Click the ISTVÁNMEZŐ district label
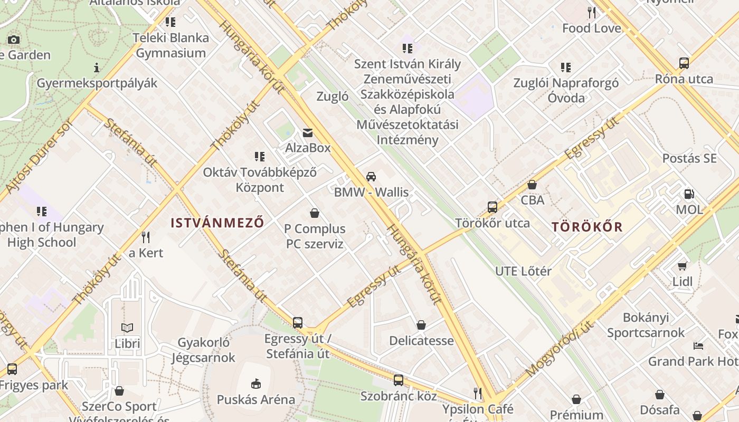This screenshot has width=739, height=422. pyautogui.click(x=217, y=223)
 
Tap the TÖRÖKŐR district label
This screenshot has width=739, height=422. pyautogui.click(x=587, y=227)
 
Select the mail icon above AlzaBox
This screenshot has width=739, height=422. pyautogui.click(x=308, y=133)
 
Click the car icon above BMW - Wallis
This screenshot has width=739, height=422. pyautogui.click(x=371, y=177)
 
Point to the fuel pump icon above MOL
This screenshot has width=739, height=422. pyautogui.click(x=689, y=195)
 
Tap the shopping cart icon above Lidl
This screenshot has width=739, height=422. pyautogui.click(x=682, y=266)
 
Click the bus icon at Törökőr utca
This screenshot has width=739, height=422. pyautogui.click(x=492, y=207)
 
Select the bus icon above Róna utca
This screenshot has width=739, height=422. pyautogui.click(x=684, y=63)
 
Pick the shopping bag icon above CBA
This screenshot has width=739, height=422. pyautogui.click(x=532, y=185)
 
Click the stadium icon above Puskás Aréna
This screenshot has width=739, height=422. pyautogui.click(x=256, y=383)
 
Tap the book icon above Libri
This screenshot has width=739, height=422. pyautogui.click(x=127, y=328)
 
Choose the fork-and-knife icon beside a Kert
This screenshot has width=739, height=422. pyautogui.click(x=146, y=237)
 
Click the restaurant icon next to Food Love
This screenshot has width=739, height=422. pyautogui.click(x=592, y=13)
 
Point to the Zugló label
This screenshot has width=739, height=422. pyautogui.click(x=333, y=97)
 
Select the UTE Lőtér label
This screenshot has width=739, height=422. pyautogui.click(x=523, y=271)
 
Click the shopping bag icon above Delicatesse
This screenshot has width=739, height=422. pyautogui.click(x=421, y=325)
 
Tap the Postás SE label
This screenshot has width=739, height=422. pyautogui.click(x=689, y=158)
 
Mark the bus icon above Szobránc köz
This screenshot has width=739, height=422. pyautogui.click(x=399, y=380)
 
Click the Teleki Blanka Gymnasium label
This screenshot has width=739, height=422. pyautogui.click(x=171, y=45)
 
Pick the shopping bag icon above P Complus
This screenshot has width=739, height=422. pyautogui.click(x=315, y=214)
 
